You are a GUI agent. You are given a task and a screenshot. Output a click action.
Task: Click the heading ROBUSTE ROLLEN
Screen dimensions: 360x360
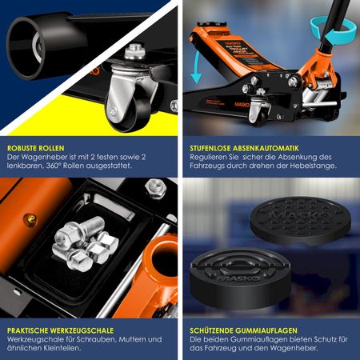click(x=36, y=148)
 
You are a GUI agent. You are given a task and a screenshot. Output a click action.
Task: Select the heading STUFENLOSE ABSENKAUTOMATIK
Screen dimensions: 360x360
click(x=244, y=148)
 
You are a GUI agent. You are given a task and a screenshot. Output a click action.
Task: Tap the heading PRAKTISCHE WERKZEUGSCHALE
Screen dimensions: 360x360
click(x=60, y=330)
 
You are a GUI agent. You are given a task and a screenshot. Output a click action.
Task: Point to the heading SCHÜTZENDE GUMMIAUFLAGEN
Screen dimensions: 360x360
click(x=243, y=330)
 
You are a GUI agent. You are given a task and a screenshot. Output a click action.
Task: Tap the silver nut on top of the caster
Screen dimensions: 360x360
click(x=135, y=51)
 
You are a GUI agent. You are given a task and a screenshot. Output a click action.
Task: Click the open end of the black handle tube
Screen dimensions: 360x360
click(x=26, y=48)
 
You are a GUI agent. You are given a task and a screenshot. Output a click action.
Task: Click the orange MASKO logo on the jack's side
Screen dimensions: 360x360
click(x=242, y=104)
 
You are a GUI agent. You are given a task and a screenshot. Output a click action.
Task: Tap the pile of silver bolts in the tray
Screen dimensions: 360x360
click(x=86, y=242)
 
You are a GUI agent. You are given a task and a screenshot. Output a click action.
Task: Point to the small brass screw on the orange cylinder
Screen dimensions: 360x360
click(x=30, y=219)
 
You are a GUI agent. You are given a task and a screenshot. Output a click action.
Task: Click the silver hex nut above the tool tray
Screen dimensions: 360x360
click(x=156, y=188)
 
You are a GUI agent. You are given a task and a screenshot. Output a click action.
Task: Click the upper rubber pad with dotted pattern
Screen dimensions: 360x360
click(x=301, y=221)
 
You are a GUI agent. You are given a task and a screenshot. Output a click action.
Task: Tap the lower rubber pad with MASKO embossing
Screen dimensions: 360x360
click(x=240, y=278)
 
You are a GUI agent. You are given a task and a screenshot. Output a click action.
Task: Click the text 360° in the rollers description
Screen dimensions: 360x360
click(x=54, y=166)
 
